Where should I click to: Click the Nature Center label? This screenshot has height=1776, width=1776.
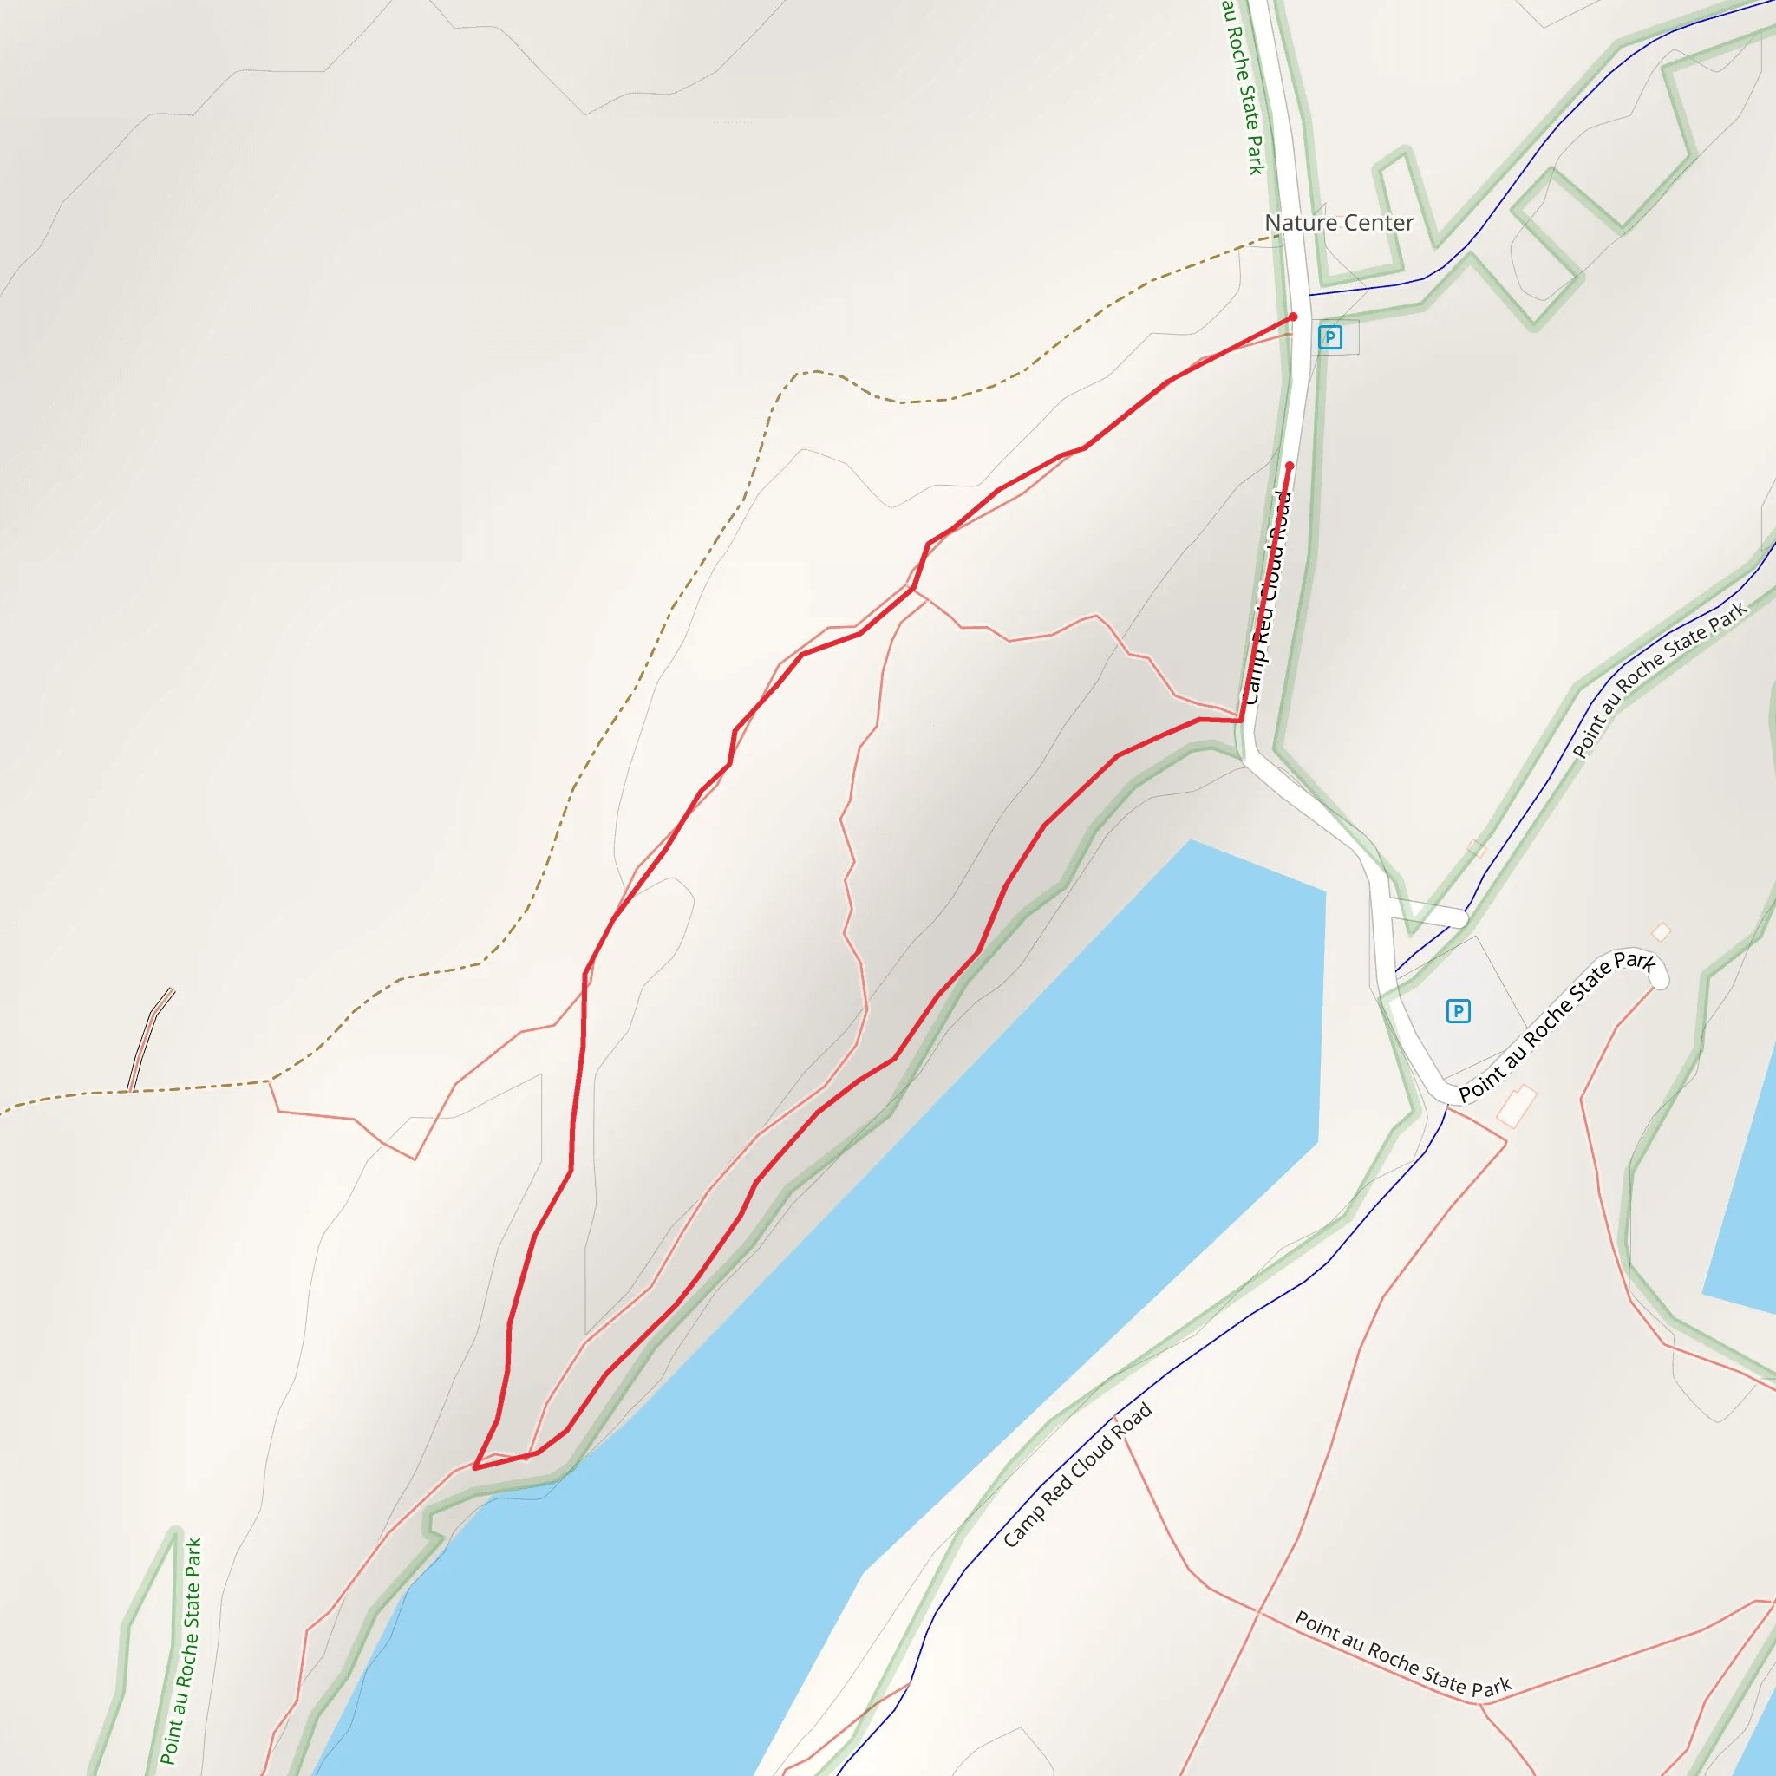[1338, 223]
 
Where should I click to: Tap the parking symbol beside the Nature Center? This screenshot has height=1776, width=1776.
[1329, 337]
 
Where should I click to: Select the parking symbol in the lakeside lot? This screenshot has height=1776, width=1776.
[1458, 1011]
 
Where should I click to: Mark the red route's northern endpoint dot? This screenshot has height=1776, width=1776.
[1292, 317]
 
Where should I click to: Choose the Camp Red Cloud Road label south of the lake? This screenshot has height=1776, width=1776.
[1076, 1474]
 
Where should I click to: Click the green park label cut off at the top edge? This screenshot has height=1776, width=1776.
[1244, 88]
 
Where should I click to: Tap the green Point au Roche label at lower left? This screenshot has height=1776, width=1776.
[181, 1651]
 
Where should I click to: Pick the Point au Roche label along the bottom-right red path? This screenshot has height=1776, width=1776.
[1403, 1654]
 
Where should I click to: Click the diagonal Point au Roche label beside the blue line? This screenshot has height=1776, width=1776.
[1658, 680]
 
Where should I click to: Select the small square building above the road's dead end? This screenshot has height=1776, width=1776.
[1661, 932]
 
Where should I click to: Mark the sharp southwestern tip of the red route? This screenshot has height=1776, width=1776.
[475, 1468]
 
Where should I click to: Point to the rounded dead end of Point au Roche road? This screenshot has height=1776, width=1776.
[1659, 981]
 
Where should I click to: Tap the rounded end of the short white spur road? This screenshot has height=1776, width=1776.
[1460, 918]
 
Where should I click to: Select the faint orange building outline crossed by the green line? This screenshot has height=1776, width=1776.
[1476, 847]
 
